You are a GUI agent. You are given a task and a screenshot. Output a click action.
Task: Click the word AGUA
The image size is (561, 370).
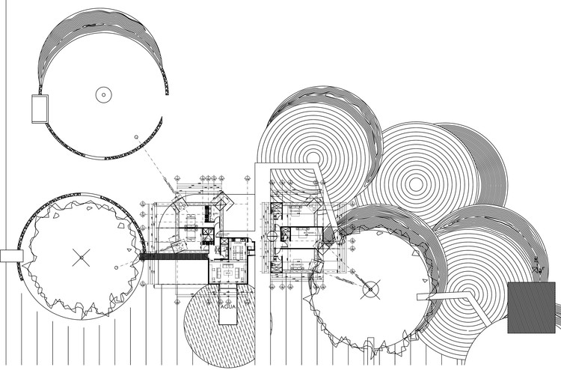[228, 306]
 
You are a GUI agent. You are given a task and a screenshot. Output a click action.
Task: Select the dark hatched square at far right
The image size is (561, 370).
[531, 308]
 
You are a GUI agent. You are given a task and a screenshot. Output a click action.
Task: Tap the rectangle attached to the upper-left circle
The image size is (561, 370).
[38, 109]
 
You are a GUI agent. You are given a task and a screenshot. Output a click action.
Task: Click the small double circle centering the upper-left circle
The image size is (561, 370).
[103, 94]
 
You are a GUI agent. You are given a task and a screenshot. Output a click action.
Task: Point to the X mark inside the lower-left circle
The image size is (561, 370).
[80, 257]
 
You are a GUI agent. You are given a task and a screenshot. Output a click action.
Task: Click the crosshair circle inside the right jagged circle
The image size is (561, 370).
[369, 288]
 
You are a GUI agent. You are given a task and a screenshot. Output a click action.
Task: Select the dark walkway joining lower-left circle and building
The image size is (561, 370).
[173, 256]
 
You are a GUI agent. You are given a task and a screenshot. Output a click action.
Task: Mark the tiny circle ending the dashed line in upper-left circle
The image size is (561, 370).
[136, 137]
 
